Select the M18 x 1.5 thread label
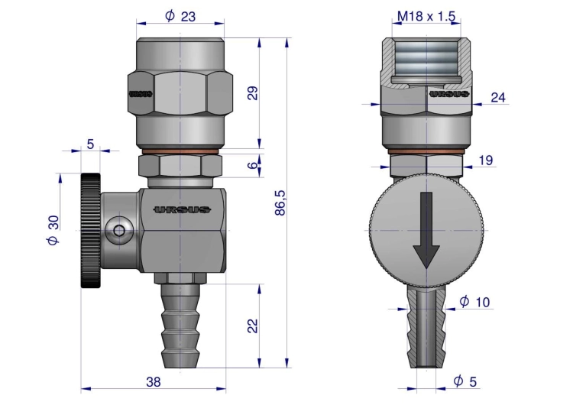(426, 16)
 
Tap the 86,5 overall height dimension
(280, 202)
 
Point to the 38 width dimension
(154, 382)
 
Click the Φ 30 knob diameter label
(53, 230)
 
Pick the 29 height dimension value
(253, 93)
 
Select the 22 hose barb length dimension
(253, 326)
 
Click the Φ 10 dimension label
(474, 302)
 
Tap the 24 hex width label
(498, 97)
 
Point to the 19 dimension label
(486, 160)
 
